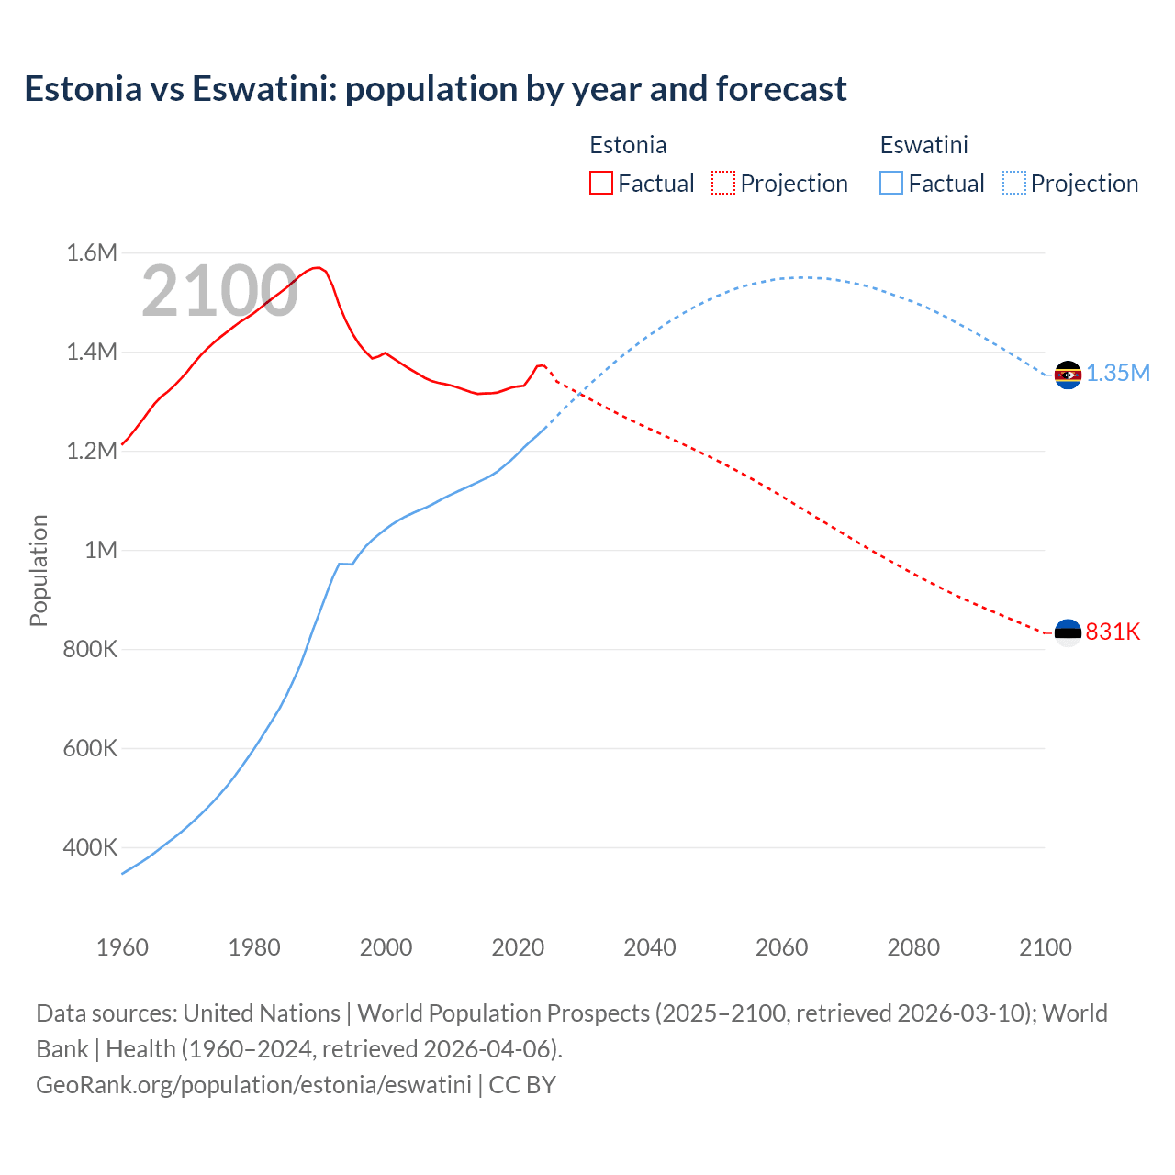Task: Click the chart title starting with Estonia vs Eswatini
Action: coord(435,89)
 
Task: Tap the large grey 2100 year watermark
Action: coord(219,291)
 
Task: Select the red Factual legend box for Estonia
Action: coord(600,183)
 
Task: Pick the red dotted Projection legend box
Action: coord(723,183)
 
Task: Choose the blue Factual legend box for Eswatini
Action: coord(890,183)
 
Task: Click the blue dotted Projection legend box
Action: coord(1013,183)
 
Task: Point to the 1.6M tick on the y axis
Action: coord(92,252)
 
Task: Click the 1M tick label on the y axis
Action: coord(101,550)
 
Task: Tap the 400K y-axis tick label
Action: coord(90,847)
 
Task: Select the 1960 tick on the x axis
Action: coord(122,947)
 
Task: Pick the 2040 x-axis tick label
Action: coord(650,947)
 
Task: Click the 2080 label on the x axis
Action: coord(913,947)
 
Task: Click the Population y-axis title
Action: coord(39,570)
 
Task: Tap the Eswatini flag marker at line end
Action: coord(1068,375)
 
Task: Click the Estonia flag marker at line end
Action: coord(1068,632)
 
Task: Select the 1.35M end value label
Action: coord(1118,373)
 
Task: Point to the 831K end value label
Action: coord(1113,632)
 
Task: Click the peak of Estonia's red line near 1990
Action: coord(317,267)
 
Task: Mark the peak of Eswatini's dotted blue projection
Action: coord(801,277)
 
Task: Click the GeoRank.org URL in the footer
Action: coord(253,1084)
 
